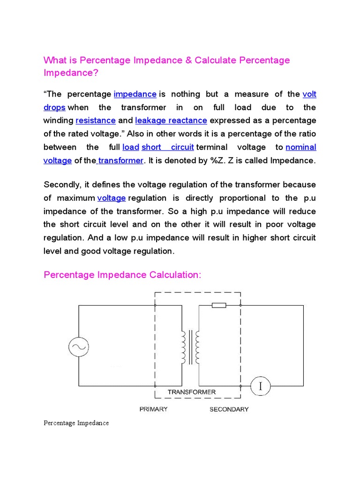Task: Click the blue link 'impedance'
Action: point(135,94)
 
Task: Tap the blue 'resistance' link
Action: point(96,120)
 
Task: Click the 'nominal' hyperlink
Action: point(301,147)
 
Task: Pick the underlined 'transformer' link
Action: point(120,160)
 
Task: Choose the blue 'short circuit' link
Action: point(168,147)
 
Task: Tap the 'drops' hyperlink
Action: point(54,107)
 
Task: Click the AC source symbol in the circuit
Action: point(78,347)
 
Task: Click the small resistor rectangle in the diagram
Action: point(219,306)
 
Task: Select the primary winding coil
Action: point(183,347)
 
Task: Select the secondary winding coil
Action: point(197,347)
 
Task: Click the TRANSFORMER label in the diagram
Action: point(192,392)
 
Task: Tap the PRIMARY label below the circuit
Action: point(153,409)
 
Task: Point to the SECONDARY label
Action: point(229,409)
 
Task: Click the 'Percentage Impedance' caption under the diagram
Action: point(76,423)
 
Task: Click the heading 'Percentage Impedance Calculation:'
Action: point(122,275)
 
